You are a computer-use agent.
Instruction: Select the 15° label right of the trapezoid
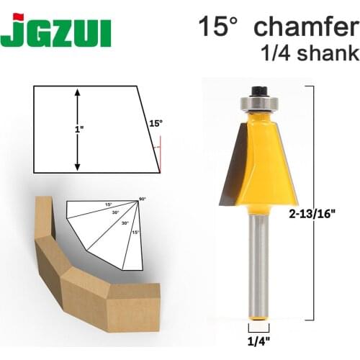pos(155,123)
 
